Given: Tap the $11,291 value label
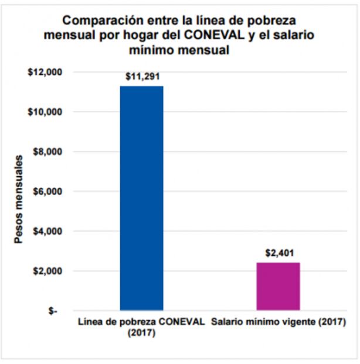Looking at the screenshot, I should [x=141, y=77].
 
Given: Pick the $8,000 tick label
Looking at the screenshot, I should [x=46, y=152].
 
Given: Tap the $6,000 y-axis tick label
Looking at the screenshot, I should [x=46, y=191].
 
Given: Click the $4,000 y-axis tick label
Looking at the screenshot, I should [x=46, y=231].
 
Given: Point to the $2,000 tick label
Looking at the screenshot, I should [x=46, y=271].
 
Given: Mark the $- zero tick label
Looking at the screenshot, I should [x=52, y=311].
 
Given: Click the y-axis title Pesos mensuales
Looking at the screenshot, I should [x=19, y=200].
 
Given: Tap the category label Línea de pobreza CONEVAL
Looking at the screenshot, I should [x=141, y=322].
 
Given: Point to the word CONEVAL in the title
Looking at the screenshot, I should [x=218, y=35].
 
